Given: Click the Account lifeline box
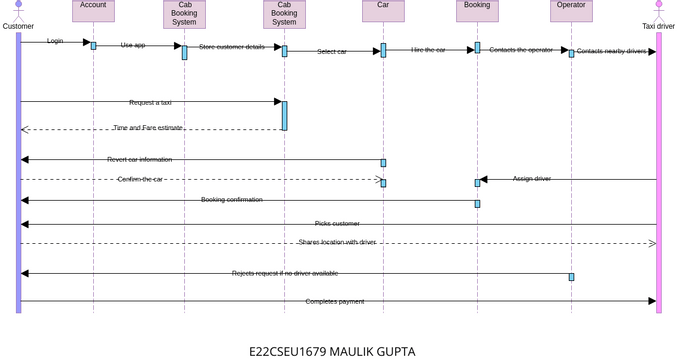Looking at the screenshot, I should pyautogui.click(x=93, y=11).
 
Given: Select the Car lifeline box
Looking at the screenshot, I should pyautogui.click(x=383, y=11).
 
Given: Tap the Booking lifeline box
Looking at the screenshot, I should pyautogui.click(x=477, y=11).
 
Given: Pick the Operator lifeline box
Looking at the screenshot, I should pyautogui.click(x=571, y=11).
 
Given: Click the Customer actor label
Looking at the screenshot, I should pyautogui.click(x=18, y=26).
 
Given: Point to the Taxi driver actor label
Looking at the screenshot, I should pyautogui.click(x=658, y=26).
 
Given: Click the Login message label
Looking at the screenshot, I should pyautogui.click(x=55, y=41).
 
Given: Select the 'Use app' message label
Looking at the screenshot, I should pyautogui.click(x=133, y=45).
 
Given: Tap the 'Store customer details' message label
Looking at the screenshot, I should pyautogui.click(x=232, y=47).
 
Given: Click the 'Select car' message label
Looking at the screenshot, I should pyautogui.click(x=332, y=51).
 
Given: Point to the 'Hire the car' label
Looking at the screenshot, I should pyautogui.click(x=428, y=49).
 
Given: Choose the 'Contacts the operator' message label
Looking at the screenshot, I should pyautogui.click(x=520, y=49).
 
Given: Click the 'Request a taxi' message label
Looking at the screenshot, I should pyautogui.click(x=150, y=102).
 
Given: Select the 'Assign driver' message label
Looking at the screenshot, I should pyautogui.click(x=532, y=178).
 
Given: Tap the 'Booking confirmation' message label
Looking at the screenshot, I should pyautogui.click(x=232, y=199).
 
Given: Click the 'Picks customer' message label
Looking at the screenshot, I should pyautogui.click(x=337, y=223).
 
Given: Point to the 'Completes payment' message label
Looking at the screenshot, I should pyautogui.click(x=335, y=301).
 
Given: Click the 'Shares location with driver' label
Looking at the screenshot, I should pyautogui.click(x=337, y=242).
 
